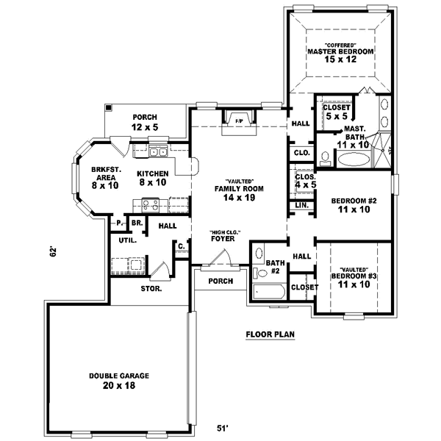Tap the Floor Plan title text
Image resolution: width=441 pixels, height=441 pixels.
point(270,334)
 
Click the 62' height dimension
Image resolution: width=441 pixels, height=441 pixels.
point(52,252)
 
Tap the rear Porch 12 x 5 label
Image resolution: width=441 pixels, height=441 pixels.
point(146,122)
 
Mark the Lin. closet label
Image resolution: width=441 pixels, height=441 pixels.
point(302,205)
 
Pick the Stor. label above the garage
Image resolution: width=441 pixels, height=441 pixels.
point(151,288)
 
